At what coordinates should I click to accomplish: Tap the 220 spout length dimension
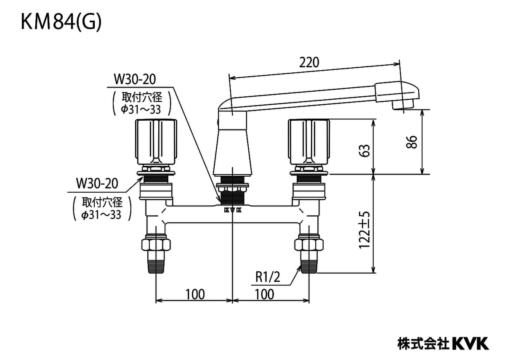click(x=309, y=62)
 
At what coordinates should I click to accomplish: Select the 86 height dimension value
click(x=412, y=142)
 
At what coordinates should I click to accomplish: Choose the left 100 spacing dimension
click(x=195, y=294)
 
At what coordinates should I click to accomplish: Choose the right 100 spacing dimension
click(x=264, y=294)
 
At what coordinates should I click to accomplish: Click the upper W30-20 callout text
click(x=135, y=79)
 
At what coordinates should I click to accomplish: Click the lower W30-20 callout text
click(x=97, y=183)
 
